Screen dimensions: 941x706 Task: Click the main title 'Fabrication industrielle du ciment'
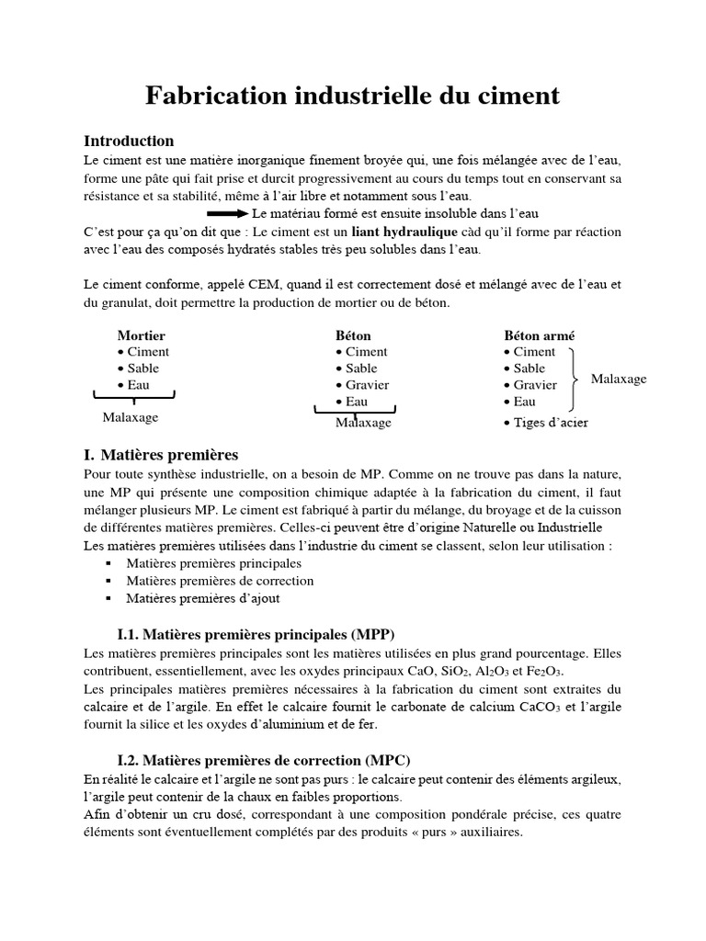(x=353, y=96)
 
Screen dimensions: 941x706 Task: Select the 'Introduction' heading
(x=129, y=142)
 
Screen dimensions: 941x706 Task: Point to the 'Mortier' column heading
(x=142, y=336)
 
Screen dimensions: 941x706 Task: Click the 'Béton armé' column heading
(x=540, y=336)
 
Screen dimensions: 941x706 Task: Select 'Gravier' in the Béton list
(x=367, y=385)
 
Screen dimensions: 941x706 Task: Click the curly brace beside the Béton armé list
(x=575, y=378)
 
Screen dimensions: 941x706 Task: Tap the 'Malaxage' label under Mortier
(x=130, y=417)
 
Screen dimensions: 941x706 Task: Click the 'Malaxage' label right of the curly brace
(x=618, y=379)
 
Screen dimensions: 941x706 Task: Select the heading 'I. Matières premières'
(x=161, y=455)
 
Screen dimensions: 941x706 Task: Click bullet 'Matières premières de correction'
(x=220, y=581)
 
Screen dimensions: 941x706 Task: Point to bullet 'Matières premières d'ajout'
(x=203, y=598)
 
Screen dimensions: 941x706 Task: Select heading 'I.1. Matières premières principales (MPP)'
(x=256, y=634)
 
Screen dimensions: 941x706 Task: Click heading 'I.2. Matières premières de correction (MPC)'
(x=264, y=761)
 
